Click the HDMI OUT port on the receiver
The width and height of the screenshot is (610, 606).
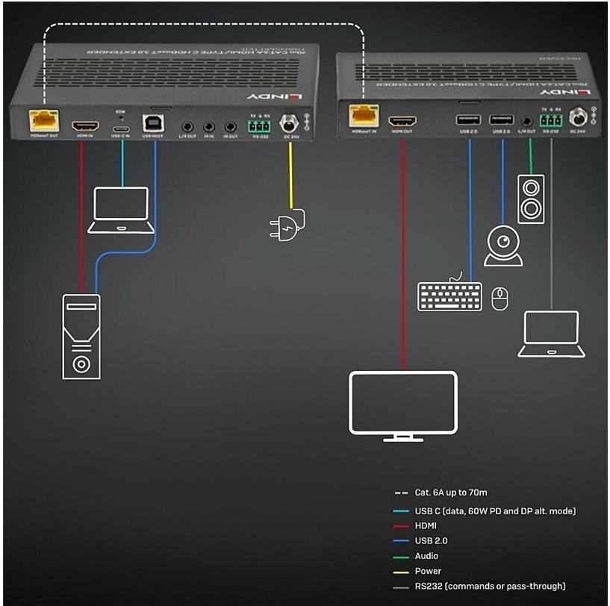coord(403,120)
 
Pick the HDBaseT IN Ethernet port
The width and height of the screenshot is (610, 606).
coord(364,116)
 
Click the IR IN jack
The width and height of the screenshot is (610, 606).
coord(210,128)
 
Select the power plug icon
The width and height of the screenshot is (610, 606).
coord(287,223)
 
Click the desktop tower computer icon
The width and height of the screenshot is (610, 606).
coord(81,336)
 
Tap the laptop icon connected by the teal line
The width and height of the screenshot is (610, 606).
coord(122,210)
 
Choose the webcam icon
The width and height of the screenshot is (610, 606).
coord(503,244)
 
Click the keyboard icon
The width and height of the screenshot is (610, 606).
coord(449,295)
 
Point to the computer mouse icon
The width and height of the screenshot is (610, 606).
coord(500,299)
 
